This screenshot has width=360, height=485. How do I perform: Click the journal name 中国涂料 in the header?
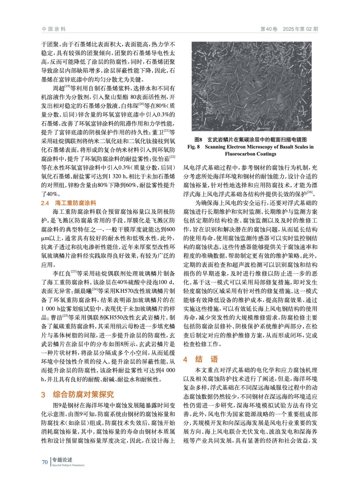pos(54,29)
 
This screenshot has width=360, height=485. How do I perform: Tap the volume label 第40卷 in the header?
pos(269,29)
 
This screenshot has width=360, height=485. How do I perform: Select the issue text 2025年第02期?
pos(300,29)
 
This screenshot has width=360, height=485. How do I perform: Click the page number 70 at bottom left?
pos(45,462)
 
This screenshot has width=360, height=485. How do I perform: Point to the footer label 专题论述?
pos(62,460)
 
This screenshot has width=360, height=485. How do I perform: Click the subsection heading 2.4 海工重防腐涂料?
pos(69,203)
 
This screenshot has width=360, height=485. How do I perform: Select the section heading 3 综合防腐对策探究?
pos(77,394)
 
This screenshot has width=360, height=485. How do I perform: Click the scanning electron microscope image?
pos(251,86)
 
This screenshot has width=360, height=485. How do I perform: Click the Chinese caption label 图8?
pos(198,140)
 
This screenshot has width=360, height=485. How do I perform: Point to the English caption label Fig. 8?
pos(193,147)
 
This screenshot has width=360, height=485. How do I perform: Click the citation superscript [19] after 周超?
pos(67,87)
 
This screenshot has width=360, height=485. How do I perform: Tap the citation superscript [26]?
pos(309,192)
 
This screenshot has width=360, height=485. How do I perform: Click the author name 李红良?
pos(62,274)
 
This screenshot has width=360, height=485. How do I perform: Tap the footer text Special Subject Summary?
pos(68,465)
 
